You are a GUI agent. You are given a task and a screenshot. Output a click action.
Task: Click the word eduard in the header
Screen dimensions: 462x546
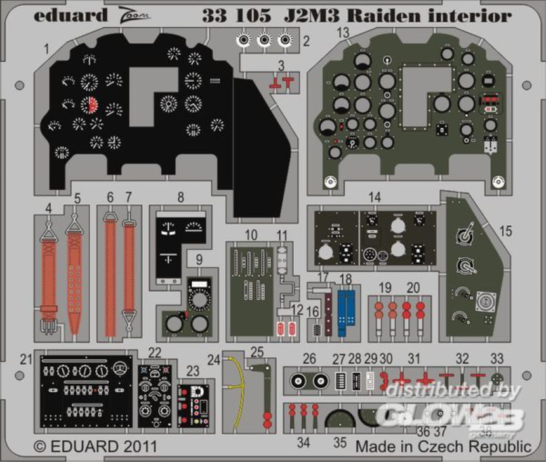(x=70, y=15)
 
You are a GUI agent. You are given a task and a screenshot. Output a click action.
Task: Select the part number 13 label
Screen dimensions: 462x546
(x=343, y=32)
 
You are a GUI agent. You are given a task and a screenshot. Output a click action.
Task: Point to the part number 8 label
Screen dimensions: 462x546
(x=180, y=197)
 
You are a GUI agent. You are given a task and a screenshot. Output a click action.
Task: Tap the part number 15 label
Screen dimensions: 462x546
(x=505, y=231)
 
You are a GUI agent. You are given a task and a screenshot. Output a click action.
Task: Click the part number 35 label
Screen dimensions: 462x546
(x=340, y=442)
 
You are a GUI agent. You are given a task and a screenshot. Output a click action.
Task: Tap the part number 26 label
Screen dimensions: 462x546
(x=309, y=359)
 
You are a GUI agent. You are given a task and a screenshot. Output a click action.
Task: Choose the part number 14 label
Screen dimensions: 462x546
(x=375, y=197)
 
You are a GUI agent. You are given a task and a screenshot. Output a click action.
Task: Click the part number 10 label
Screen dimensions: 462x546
(x=251, y=235)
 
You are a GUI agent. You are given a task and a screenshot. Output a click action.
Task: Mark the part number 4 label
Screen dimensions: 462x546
(x=48, y=207)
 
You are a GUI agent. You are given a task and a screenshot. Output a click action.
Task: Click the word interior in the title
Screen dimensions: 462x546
(x=470, y=15)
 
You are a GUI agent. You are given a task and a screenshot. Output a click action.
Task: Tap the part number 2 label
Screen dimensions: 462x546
(x=306, y=42)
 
